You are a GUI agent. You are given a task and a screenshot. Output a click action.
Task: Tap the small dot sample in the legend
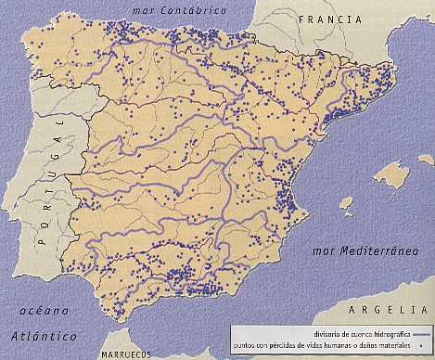point(422,342)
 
